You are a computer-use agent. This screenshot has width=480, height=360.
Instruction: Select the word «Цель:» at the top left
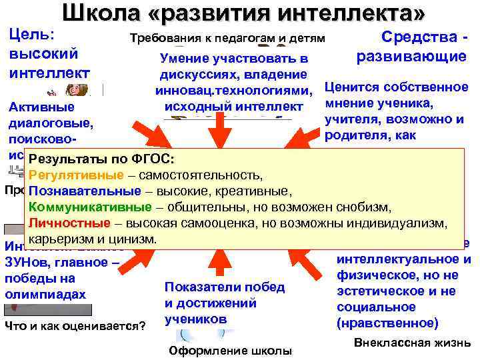(33, 34)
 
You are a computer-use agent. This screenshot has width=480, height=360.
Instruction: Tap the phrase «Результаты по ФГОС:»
(101, 161)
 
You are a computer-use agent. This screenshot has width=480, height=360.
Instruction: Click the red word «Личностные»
(64, 222)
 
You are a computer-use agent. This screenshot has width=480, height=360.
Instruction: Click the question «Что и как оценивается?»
(75, 325)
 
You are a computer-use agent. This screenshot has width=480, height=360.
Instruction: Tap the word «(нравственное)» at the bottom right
(388, 323)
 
